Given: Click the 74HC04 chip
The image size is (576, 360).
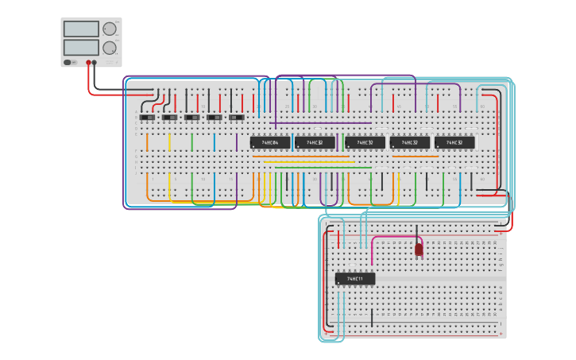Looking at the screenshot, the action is pyautogui.click(x=270, y=143).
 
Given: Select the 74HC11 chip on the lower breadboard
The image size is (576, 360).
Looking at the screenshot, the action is pyautogui.click(x=355, y=279).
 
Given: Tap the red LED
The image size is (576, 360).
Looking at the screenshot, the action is pyautogui.click(x=419, y=250).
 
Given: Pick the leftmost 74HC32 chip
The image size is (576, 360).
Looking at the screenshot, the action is pyautogui.click(x=315, y=143).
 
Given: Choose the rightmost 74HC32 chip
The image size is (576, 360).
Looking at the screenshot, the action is pyautogui.click(x=454, y=143).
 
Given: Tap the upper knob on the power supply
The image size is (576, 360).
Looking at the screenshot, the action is pyautogui.click(x=110, y=29).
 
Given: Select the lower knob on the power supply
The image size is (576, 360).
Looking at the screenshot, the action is pyautogui.click(x=110, y=48).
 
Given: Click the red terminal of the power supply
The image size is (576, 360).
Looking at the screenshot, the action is pyautogui.click(x=88, y=62).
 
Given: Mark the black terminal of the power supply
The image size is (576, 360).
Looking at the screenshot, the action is pyautogui.click(x=95, y=62).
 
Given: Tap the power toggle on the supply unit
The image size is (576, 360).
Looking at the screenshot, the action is pyautogui.click(x=68, y=62).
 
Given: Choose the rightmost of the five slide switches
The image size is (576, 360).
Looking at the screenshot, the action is pyautogui.click(x=237, y=118).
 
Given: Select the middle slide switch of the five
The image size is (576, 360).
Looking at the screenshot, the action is pyautogui.click(x=192, y=118).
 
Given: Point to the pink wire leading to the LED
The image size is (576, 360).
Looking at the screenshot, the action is pyautogui.click(x=393, y=236).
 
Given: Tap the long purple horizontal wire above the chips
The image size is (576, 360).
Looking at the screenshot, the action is pyautogui.click(x=322, y=123).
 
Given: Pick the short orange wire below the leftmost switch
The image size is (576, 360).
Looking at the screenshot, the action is pyautogui.click(x=147, y=141).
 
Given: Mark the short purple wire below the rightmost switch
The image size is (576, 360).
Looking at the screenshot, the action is pyautogui.click(x=236, y=141).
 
